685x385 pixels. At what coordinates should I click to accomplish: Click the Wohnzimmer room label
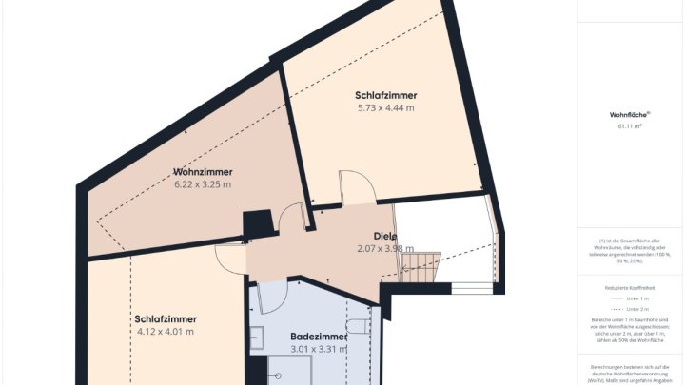point(202,172)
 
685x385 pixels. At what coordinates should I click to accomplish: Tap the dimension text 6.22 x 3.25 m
point(202,184)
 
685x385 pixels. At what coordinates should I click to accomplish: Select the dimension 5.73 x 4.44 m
point(385,107)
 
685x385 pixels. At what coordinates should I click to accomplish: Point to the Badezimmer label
point(318,337)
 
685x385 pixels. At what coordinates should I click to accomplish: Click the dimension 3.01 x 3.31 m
point(318,349)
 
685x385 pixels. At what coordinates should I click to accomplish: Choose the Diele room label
point(384,236)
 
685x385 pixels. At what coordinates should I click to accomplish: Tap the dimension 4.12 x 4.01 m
point(165,332)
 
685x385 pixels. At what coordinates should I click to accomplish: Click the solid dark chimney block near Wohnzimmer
point(255,225)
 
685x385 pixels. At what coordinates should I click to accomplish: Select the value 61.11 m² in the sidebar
point(629,125)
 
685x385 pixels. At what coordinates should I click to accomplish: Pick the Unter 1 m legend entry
point(632,298)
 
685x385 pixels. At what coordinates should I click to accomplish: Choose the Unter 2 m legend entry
point(632,310)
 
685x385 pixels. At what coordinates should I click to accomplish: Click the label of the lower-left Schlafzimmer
point(165,319)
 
